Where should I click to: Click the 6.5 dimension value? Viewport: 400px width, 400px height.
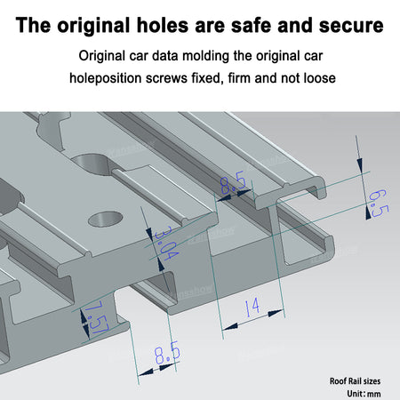tap(379, 203)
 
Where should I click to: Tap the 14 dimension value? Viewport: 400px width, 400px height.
tap(252, 306)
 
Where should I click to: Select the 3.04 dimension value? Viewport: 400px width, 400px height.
tap(167, 244)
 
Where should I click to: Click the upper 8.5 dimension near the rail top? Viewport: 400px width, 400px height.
tap(233, 182)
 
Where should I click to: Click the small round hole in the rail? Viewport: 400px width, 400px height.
tap(106, 219)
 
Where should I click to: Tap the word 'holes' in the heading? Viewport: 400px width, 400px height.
tap(163, 25)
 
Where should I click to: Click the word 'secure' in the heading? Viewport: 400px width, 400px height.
tap(351, 26)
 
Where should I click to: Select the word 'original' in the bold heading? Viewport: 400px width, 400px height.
tap(93, 26)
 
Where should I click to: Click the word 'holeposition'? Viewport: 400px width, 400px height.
tap(106, 79)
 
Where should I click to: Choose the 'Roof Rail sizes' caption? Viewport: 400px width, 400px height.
tap(355, 381)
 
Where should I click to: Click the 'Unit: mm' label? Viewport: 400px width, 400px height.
tap(364, 394)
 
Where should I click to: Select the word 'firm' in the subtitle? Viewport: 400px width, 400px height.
tap(239, 78)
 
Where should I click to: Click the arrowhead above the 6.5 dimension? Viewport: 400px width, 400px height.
tap(360, 164)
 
